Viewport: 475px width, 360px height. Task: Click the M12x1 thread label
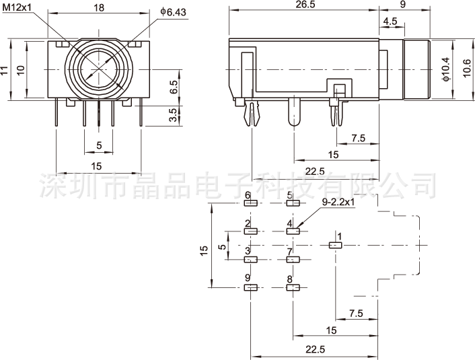pos(15,7)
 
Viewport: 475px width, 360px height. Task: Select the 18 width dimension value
pos(98,7)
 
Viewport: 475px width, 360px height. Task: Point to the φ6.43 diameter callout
pos(174,12)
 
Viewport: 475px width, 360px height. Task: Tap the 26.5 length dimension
pos(304,4)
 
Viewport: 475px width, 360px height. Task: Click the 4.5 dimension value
pos(390,22)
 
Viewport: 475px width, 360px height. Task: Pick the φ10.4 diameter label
pos(445,69)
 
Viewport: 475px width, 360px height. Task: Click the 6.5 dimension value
pos(173,87)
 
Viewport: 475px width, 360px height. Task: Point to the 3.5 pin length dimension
pos(173,115)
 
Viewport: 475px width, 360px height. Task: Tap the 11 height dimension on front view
pos(5,70)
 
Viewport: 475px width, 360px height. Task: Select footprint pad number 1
pos(335,246)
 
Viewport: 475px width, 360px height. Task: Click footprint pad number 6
pos(251,203)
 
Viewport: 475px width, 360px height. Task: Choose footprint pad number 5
pos(293,203)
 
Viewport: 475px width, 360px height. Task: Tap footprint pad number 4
pos(293,231)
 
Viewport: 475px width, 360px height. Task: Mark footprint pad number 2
pos(251,231)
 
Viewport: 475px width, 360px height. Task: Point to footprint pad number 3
pos(251,259)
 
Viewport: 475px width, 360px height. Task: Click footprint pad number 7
pos(293,259)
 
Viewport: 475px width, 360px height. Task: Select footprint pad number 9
pos(251,287)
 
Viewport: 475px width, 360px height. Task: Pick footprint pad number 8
pos(293,287)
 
